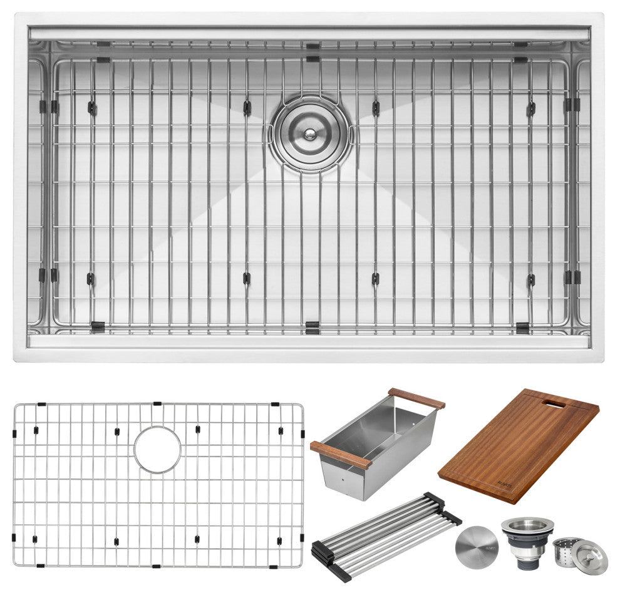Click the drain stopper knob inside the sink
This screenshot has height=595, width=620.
[309, 133]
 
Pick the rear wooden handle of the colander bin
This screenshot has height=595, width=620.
[416, 398]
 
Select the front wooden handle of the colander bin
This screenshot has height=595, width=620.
[340, 455]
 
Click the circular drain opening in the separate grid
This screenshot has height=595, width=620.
[157, 449]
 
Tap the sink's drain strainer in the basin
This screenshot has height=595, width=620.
[311, 133]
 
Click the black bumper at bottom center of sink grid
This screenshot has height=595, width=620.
[311, 326]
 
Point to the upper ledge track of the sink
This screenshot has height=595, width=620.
[309, 33]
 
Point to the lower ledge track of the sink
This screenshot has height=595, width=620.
[309, 342]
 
